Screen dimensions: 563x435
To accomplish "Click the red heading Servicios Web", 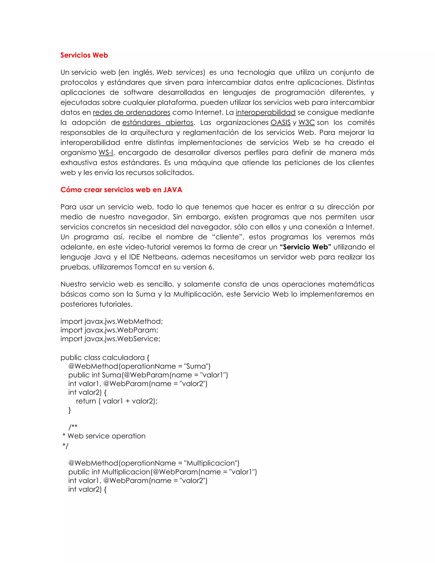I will [84, 55].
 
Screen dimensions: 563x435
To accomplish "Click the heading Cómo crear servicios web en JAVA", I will [121, 190].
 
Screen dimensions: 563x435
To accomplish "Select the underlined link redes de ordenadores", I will [131, 113].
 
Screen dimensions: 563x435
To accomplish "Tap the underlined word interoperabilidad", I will [266, 113].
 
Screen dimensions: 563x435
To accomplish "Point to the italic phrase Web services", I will [180, 72].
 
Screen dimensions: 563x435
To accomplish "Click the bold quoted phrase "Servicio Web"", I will [305, 247].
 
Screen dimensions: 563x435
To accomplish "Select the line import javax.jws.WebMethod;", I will [112, 321].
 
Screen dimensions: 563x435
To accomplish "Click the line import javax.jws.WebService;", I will [110, 339].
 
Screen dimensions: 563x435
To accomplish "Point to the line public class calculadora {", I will [105, 358].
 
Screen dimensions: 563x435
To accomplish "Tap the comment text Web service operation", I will [106, 436].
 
